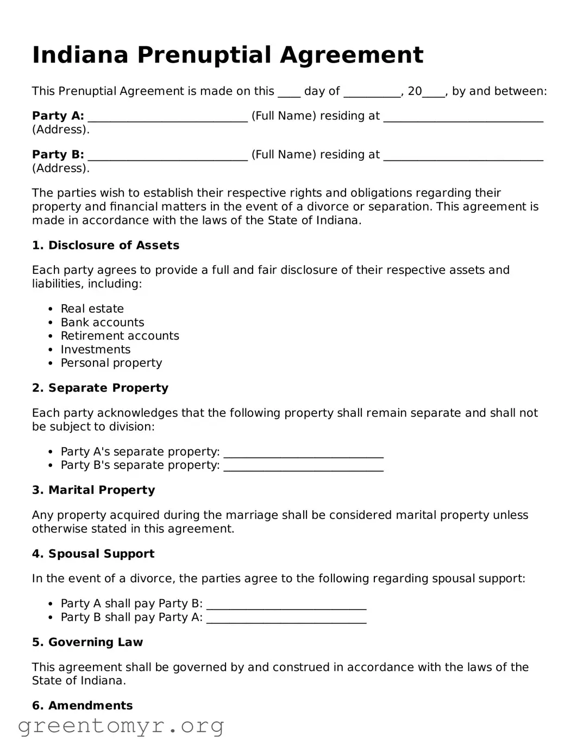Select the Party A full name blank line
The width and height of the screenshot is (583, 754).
(x=167, y=117)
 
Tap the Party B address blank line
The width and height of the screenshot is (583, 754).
(x=463, y=156)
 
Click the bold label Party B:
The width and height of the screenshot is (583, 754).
(x=58, y=155)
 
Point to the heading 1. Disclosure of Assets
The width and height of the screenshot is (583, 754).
(x=105, y=246)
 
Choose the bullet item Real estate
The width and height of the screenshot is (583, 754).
(x=92, y=309)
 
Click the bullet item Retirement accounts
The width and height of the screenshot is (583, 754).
(x=120, y=336)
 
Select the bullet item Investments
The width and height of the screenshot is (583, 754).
(x=96, y=350)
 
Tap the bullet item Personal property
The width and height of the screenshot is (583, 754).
(x=111, y=363)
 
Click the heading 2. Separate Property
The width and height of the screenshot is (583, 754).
(x=100, y=388)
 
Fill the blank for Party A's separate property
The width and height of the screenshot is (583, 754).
(x=303, y=453)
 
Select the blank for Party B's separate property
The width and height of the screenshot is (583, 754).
(x=303, y=467)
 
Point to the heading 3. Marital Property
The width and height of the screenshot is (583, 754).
(x=93, y=491)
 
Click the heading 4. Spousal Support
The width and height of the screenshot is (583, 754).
(x=93, y=554)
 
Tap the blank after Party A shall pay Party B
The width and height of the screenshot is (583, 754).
(x=286, y=605)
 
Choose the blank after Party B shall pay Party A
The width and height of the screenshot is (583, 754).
(x=286, y=619)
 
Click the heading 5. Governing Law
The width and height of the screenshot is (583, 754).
(x=87, y=643)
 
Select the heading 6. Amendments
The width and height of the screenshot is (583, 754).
(x=82, y=706)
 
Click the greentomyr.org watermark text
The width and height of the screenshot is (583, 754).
(x=121, y=726)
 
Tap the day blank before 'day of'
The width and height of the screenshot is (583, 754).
(x=289, y=93)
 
